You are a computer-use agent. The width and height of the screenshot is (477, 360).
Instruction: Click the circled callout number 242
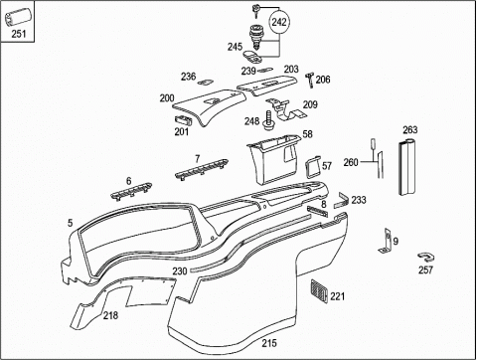[x=279, y=22]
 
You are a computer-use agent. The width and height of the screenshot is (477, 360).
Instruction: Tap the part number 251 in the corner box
[x=19, y=34]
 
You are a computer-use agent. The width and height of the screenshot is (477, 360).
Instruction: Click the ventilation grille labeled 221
[x=319, y=290]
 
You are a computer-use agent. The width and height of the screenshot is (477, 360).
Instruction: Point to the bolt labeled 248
[x=267, y=119]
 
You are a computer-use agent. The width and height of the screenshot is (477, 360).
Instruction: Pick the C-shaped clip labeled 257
[x=426, y=258]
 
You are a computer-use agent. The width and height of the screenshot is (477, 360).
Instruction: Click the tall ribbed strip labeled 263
[x=406, y=166]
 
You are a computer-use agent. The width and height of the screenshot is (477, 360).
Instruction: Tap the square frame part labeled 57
[x=313, y=167]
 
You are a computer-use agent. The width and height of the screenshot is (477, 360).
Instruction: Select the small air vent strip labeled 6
[x=131, y=191]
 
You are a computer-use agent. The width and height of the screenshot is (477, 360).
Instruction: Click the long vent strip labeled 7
[x=202, y=168]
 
